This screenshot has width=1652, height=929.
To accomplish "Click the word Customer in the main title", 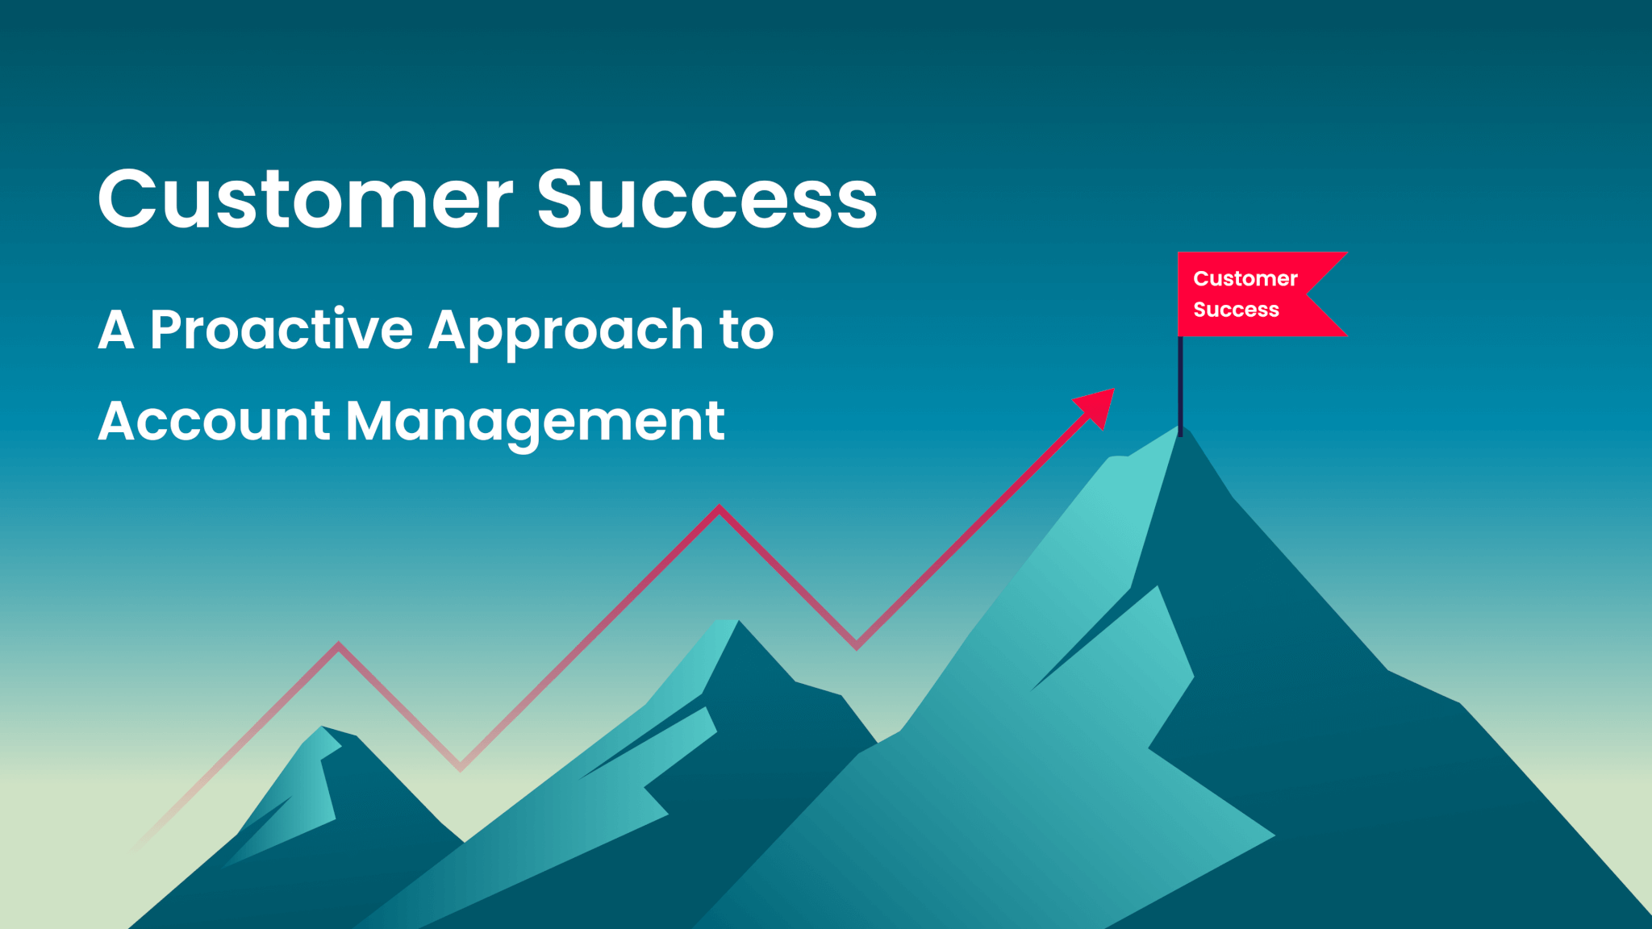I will click(x=305, y=199).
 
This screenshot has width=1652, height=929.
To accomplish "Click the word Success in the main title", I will click(x=707, y=199).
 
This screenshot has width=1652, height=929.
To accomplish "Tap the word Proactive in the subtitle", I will click(x=281, y=330).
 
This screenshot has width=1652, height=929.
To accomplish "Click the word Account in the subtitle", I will click(x=215, y=421).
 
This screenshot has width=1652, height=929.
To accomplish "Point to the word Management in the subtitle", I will click(x=535, y=423).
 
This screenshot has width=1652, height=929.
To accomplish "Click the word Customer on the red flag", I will click(x=1245, y=279).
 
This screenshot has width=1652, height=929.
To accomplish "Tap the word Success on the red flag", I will click(x=1236, y=310).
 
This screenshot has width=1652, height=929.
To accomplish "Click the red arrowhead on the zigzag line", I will click(x=1098, y=406).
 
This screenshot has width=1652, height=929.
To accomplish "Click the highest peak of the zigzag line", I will click(x=720, y=509).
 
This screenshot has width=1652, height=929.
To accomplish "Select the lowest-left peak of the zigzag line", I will click(x=339, y=645).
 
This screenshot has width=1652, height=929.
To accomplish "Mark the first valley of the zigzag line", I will click(x=461, y=767).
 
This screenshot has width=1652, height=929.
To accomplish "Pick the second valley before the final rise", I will click(x=857, y=645).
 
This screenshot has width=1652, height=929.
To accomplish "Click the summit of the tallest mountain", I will click(x=1179, y=431).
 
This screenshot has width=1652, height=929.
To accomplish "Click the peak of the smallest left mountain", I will click(x=323, y=729).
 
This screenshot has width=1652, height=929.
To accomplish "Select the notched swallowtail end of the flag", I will click(x=1315, y=294).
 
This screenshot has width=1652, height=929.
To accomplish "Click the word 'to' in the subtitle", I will click(x=746, y=331).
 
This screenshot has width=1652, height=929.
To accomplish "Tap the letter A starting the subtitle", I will click(x=115, y=331).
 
